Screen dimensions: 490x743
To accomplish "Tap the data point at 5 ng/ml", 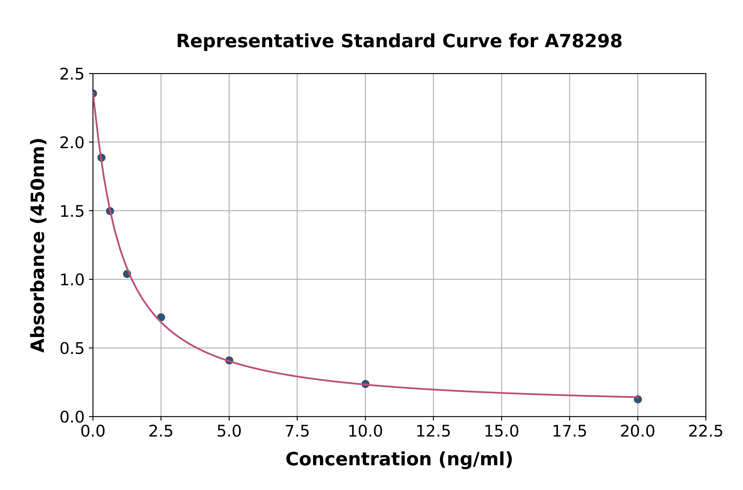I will coord(229,360).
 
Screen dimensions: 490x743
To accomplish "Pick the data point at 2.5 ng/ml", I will coord(161,317).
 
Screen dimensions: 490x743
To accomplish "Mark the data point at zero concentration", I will coord(93,93).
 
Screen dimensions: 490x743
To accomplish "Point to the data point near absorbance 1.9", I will coord(101,158).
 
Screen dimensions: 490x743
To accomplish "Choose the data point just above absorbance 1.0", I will coord(127,274).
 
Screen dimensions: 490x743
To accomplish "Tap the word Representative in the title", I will coord(255,41).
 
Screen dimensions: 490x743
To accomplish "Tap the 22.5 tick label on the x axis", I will coord(706,432).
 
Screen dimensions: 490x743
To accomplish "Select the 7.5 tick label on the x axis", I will coord(297,432).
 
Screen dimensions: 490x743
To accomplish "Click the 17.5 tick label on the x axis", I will coord(569,432).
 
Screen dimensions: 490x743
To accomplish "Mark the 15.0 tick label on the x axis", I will coord(501,432).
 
